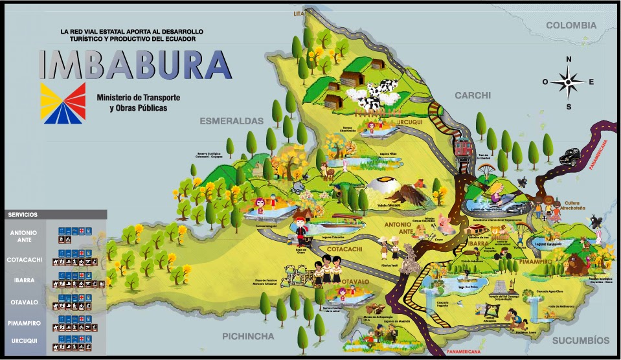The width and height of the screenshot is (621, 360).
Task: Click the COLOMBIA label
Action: [570, 25]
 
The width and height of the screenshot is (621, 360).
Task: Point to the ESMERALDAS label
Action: [232, 121]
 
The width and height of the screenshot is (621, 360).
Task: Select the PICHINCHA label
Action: [248, 337]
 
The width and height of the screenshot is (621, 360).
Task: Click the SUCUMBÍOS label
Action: [581, 341]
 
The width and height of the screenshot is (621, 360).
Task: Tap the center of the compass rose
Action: [569, 82]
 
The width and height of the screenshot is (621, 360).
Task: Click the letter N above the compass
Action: [569, 60]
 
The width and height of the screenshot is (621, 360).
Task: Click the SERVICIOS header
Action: [23, 214]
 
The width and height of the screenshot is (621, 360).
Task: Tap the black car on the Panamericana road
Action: [570, 155]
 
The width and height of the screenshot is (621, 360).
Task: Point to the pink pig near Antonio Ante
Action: [444, 222]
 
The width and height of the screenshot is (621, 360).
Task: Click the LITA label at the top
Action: [299, 13]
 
